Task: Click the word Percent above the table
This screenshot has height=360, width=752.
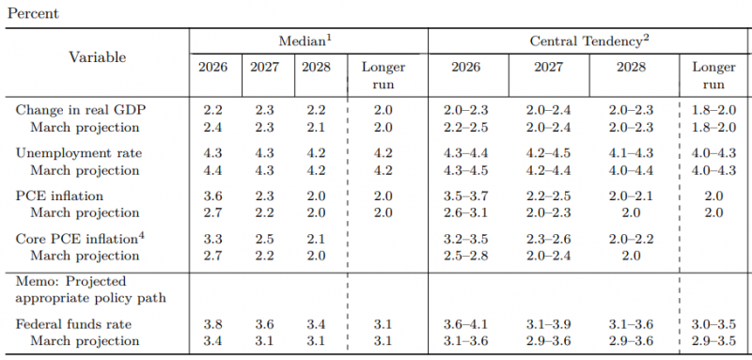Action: [x=33, y=13]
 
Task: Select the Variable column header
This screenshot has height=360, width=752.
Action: [x=98, y=57]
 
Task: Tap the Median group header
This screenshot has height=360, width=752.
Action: [x=306, y=41]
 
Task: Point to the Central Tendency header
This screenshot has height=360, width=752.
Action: [x=589, y=41]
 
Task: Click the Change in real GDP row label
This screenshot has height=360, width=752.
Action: [x=81, y=110]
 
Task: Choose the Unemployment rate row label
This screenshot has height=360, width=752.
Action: [x=79, y=153]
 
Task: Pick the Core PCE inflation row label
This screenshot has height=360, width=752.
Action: [x=81, y=238]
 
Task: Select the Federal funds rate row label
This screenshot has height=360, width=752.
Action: [x=73, y=324]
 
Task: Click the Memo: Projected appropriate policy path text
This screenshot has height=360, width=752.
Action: [x=90, y=290]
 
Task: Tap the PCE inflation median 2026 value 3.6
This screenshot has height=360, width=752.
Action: [x=212, y=196]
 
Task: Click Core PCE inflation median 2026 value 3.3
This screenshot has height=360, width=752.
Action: [x=212, y=239]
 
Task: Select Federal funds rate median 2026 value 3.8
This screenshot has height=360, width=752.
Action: [x=212, y=324]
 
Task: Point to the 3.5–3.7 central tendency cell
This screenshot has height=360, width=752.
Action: [x=465, y=196]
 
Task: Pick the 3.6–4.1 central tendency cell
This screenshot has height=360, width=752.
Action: [x=465, y=324]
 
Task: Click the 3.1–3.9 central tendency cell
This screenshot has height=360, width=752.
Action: [x=549, y=324]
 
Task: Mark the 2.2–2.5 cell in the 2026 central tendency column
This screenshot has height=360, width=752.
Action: [x=465, y=128]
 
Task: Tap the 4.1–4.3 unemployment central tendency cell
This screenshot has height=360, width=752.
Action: [x=631, y=153]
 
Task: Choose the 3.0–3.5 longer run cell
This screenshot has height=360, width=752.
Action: [x=713, y=324]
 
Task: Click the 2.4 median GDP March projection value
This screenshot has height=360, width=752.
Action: [x=212, y=128]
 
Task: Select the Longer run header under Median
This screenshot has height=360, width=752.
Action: [x=384, y=76]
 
